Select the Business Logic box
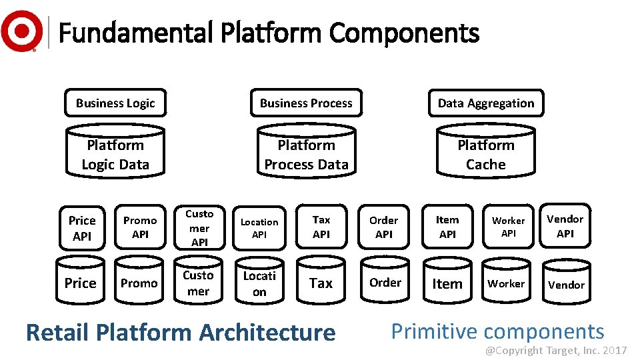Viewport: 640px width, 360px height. coord(115,103)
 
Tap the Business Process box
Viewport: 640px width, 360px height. coord(306,103)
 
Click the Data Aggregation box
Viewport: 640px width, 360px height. coord(485,103)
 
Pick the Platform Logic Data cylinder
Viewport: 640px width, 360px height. coord(115,153)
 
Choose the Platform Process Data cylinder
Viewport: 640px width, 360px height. coord(306,153)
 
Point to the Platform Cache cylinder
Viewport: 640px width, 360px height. coord(485,153)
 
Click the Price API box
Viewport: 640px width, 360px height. coord(82,228)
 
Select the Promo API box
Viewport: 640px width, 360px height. coord(140,227)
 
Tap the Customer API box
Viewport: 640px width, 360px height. coord(199,227)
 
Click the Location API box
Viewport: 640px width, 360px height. coord(259,228)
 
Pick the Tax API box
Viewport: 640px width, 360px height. coord(321,227)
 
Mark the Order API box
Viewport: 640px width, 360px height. coord(384,227)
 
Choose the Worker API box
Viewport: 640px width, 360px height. coord(509,227)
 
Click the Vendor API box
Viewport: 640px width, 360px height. coord(565,227)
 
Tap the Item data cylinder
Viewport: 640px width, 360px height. coord(447,283)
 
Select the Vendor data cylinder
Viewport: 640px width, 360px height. coord(565,283)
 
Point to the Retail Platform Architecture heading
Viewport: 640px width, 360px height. coord(180,332)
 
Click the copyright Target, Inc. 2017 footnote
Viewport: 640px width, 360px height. coord(555,350)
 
